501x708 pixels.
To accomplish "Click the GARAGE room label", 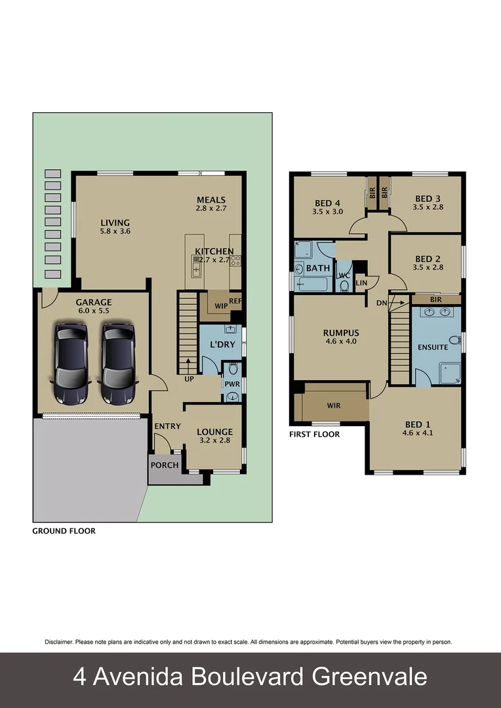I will click(93, 302).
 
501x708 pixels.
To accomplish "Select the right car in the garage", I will click(118, 363).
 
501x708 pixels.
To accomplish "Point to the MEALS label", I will click(211, 200).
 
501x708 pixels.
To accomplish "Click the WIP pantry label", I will click(220, 305).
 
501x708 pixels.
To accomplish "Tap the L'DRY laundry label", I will click(222, 345).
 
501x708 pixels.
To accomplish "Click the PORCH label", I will click(165, 465).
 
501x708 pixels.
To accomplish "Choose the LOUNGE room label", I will click(214, 431).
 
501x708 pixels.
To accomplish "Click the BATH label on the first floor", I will click(317, 268).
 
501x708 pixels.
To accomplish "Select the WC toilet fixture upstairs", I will click(344, 285).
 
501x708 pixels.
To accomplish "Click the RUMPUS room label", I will click(340, 332).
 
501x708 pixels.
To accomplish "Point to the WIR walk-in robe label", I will click(334, 406).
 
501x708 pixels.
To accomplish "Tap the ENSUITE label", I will click(433, 347).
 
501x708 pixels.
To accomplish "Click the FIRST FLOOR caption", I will click(314, 434).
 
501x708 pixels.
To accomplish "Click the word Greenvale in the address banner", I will click(367, 677).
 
